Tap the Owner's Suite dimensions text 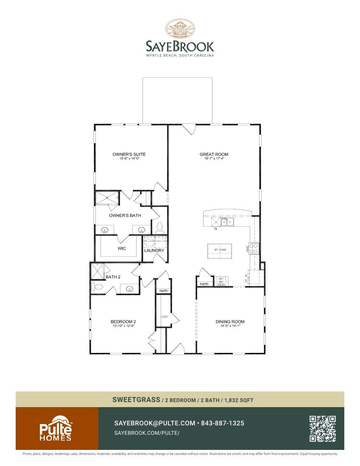(129, 158)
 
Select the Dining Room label (230, 322)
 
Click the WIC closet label (122, 249)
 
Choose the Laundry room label (154, 250)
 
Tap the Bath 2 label (113, 277)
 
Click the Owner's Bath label (125, 216)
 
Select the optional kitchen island (220, 250)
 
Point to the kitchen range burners (254, 248)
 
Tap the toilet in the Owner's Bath (159, 228)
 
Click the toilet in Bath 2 (97, 287)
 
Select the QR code (323, 428)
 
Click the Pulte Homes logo (56, 429)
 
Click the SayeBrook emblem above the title (180, 29)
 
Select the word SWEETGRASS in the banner (136, 399)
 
